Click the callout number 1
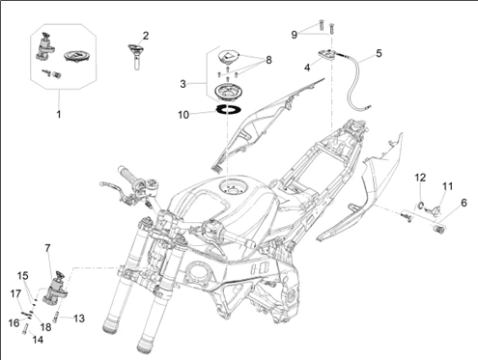pyautogui.click(x=59, y=114)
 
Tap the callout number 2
pyautogui.click(x=146, y=36)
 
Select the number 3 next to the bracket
pyautogui.click(x=183, y=84)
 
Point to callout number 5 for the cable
pyautogui.click(x=379, y=53)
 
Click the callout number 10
pyautogui.click(x=183, y=115)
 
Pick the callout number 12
pyautogui.click(x=420, y=178)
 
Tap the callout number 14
pyautogui.click(x=38, y=340)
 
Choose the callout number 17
pyautogui.click(x=15, y=293)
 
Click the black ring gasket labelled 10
pyautogui.click(x=228, y=109)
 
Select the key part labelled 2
pyautogui.click(x=136, y=56)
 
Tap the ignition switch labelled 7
pyautogui.click(x=54, y=288)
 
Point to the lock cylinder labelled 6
pyautogui.click(x=437, y=230)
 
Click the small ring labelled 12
pyautogui.click(x=419, y=205)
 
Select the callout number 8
pyautogui.click(x=268, y=60)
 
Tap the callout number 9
pyautogui.click(x=294, y=35)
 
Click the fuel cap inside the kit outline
pyautogui.click(x=77, y=56)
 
